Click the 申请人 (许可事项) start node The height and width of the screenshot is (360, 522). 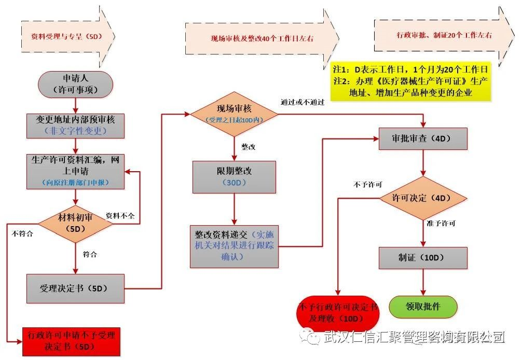click(76, 84)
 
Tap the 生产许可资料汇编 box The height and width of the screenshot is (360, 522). click(76, 171)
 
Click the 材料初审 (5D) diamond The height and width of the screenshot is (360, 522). click(76, 223)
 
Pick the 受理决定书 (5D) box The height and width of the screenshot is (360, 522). click(76, 288)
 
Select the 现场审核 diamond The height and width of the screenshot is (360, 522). click(234, 114)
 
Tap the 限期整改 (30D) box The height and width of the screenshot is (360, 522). click(234, 177)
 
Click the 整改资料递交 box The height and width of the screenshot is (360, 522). click(234, 246)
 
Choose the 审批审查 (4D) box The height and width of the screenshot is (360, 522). click(423, 139)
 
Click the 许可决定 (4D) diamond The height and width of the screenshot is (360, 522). click(423, 198)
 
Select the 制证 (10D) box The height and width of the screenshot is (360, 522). click(423, 257)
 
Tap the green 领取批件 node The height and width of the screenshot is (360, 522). click(423, 307)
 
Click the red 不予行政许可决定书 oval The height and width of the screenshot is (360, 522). click(338, 313)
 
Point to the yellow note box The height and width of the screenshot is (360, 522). click(411, 81)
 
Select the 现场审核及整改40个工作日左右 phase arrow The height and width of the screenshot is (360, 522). click(262, 38)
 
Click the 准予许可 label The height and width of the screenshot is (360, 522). click(441, 224)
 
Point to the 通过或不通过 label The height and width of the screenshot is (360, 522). click(302, 102)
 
